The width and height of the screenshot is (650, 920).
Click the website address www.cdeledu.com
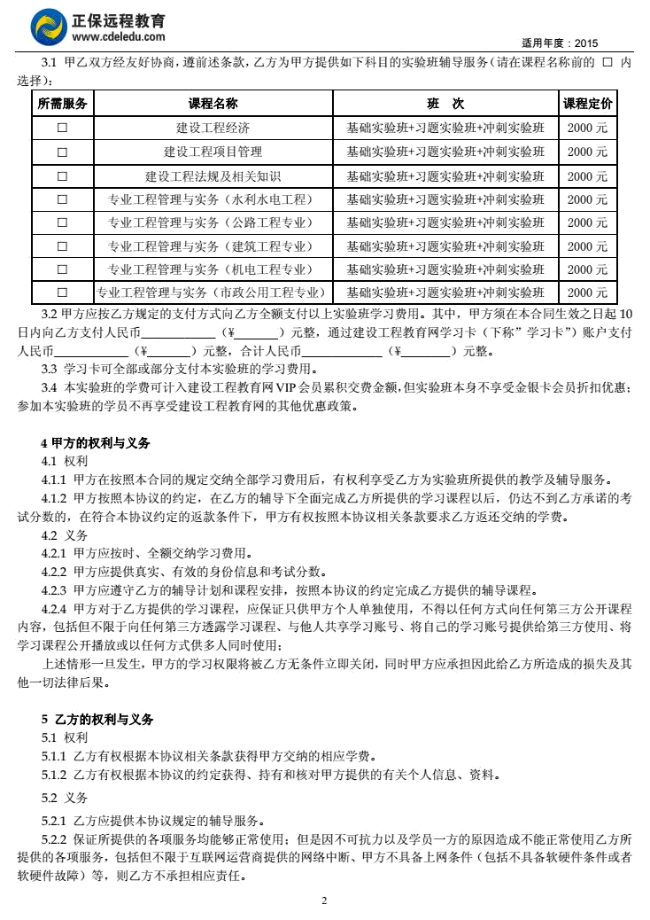118,37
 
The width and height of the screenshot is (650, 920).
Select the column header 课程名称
213,104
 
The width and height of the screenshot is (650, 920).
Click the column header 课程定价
588,104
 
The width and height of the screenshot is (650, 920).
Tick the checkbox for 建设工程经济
62,128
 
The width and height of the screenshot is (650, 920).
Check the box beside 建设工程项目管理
62,152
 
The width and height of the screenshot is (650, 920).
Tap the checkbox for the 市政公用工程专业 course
62,292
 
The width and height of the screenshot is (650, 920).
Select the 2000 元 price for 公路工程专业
588,222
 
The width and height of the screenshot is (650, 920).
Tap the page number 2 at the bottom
324,901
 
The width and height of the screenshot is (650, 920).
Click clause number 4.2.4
55,609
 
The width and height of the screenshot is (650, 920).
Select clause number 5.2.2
55,838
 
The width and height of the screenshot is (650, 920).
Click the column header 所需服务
62,104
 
